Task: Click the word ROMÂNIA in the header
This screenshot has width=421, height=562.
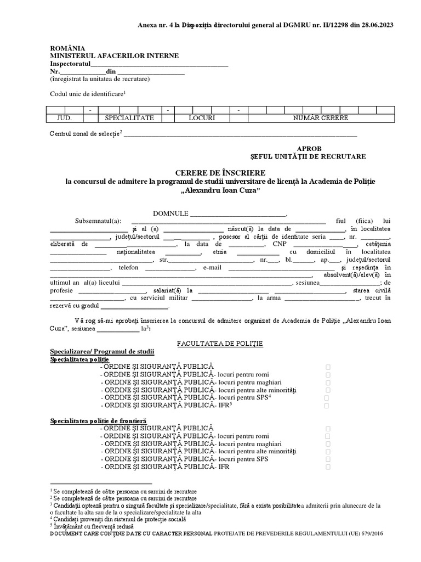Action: (68, 49)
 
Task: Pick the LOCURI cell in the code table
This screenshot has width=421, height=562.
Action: (202, 118)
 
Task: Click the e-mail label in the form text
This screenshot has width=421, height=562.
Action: (212, 267)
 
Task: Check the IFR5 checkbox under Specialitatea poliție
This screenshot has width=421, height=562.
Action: (326, 406)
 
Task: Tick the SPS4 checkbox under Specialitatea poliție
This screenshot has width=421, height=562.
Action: (326, 397)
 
